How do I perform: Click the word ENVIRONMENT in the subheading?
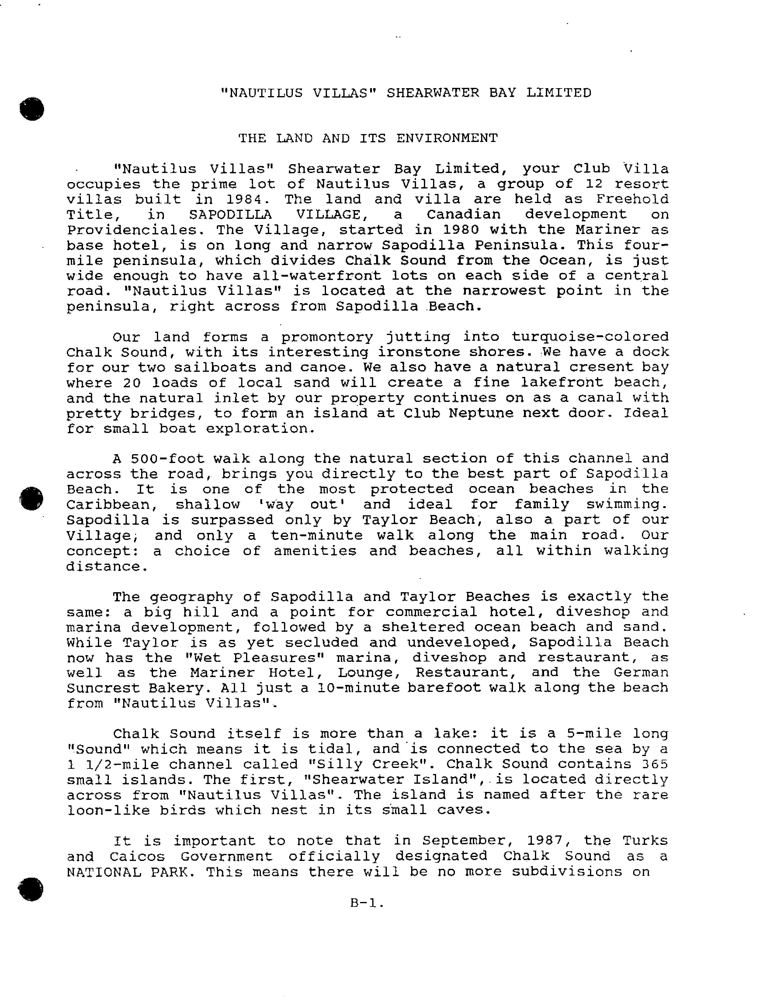pyautogui.click(x=446, y=138)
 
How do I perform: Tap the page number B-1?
pyautogui.click(x=366, y=903)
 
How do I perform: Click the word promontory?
pyautogui.click(x=327, y=337)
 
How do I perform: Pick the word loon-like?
pyautogui.click(x=108, y=810)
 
